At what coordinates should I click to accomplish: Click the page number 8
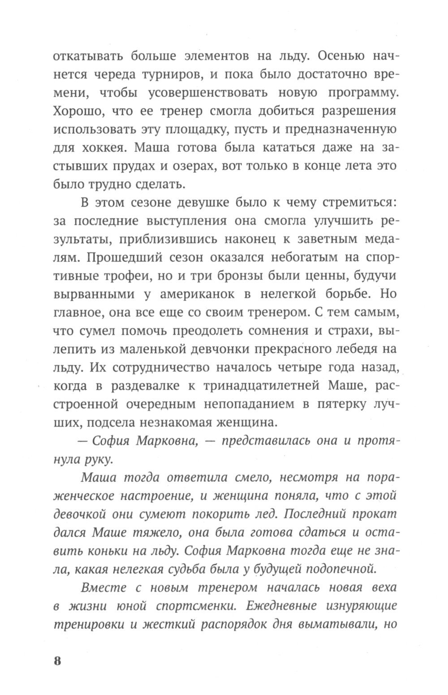(57, 661)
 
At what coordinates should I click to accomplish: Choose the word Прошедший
(120, 257)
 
